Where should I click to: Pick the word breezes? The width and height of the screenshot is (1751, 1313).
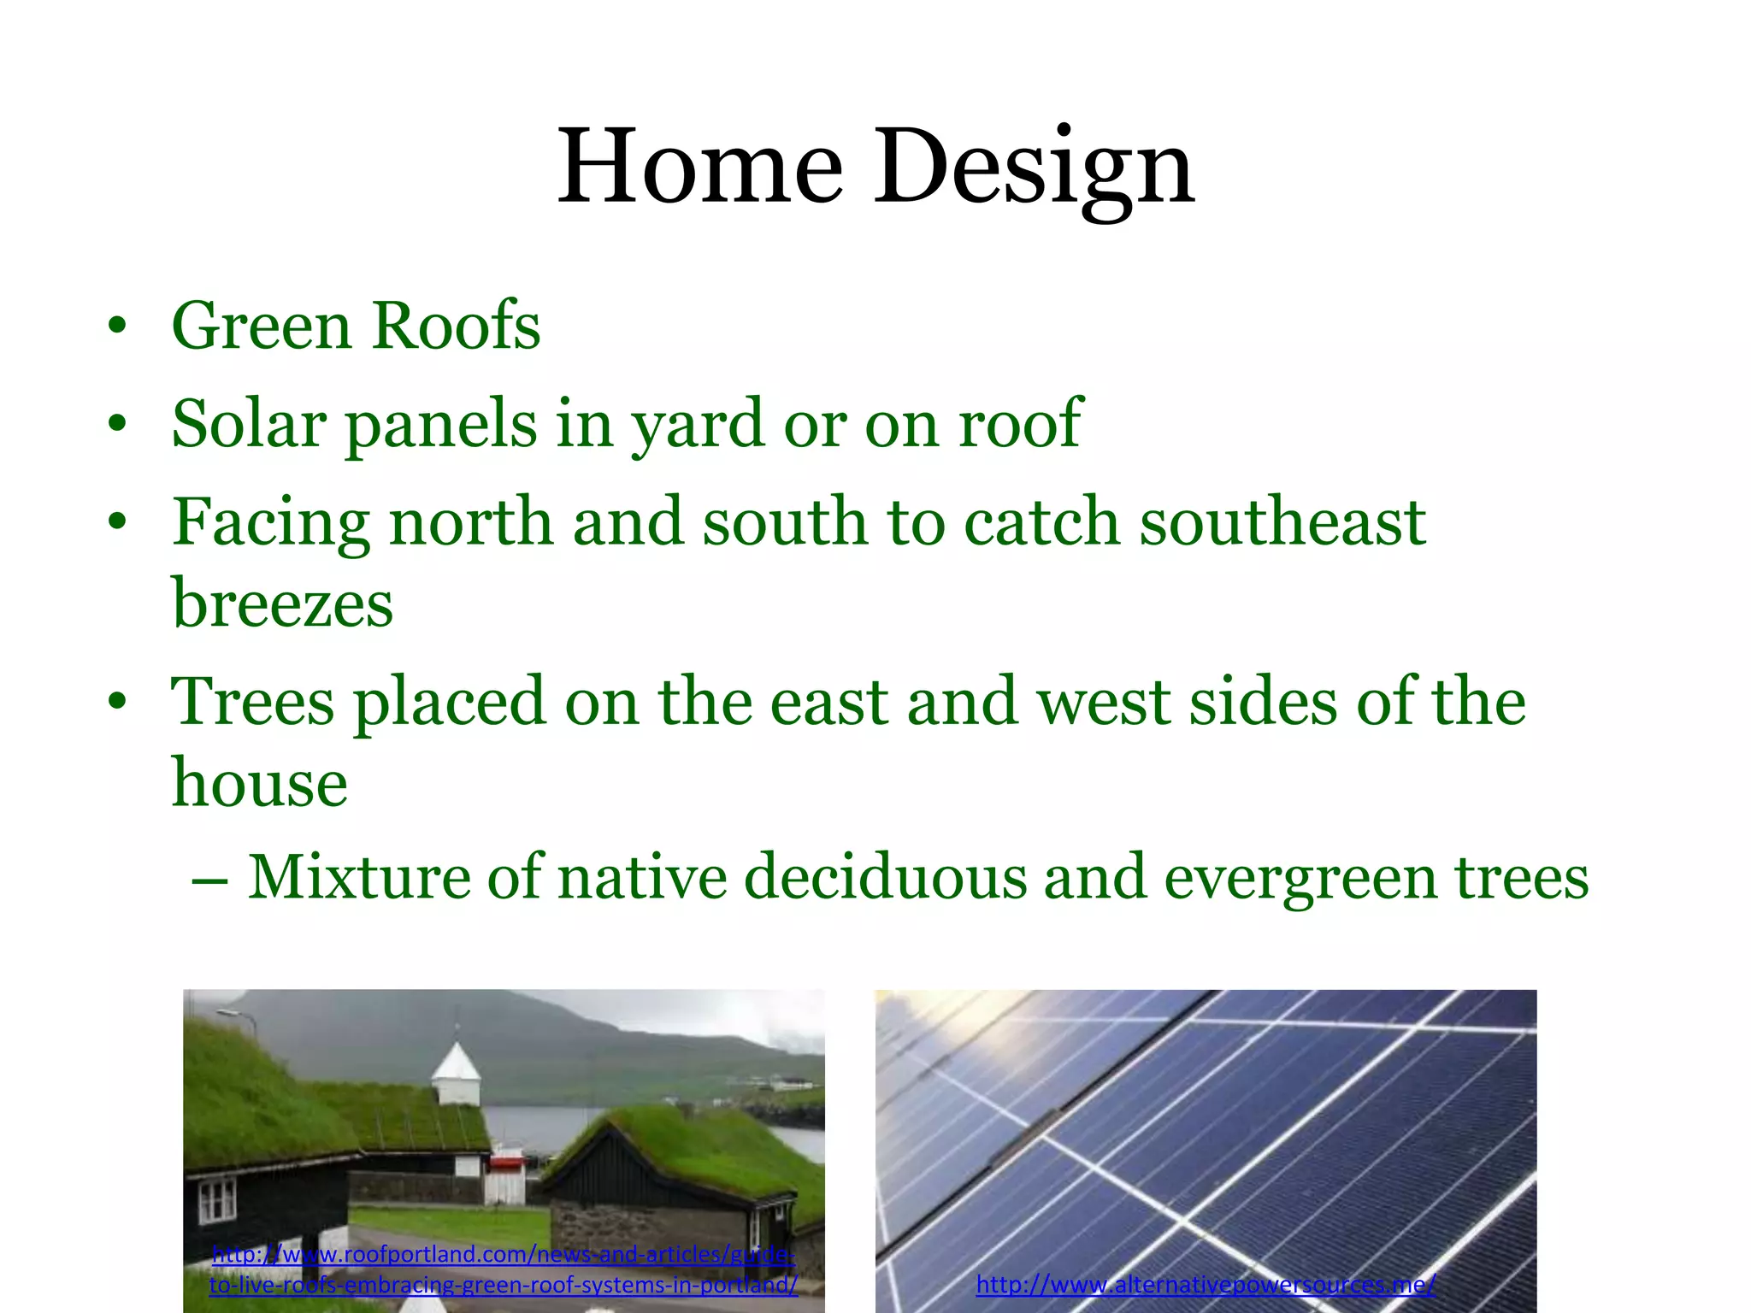pyautogui.click(x=283, y=604)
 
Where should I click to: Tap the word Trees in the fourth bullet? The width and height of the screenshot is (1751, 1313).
pyautogui.click(x=252, y=702)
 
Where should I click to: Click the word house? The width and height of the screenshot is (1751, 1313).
pyautogui.click(x=259, y=783)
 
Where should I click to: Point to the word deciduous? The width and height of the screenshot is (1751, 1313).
pyautogui.click(x=885, y=877)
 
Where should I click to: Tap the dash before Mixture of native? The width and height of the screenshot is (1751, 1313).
pyautogui.click(x=209, y=880)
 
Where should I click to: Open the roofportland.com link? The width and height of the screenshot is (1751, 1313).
pyautogui.click(x=503, y=1269)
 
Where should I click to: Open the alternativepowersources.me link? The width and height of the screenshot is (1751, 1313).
pyautogui.click(x=1205, y=1284)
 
